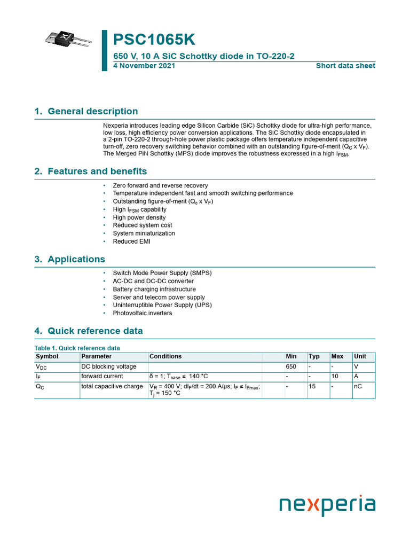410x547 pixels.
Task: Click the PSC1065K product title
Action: (x=154, y=40)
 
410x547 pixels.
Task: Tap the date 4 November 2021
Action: (x=144, y=66)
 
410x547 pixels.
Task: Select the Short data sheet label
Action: (x=345, y=66)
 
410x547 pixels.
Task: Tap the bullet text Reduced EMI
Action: (x=131, y=241)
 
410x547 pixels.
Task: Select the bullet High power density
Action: (x=139, y=217)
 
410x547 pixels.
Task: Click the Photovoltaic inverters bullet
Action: (x=142, y=313)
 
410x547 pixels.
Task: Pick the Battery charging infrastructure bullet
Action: (x=154, y=289)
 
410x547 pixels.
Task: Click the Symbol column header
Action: (x=47, y=356)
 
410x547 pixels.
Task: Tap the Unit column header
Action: (x=360, y=356)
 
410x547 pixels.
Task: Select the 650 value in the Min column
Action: (x=291, y=366)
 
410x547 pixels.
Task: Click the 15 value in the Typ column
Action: (x=313, y=386)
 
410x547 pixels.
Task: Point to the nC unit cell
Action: (x=358, y=386)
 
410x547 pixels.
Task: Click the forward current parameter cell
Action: (x=101, y=376)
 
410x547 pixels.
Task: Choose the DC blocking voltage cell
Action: (x=108, y=366)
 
